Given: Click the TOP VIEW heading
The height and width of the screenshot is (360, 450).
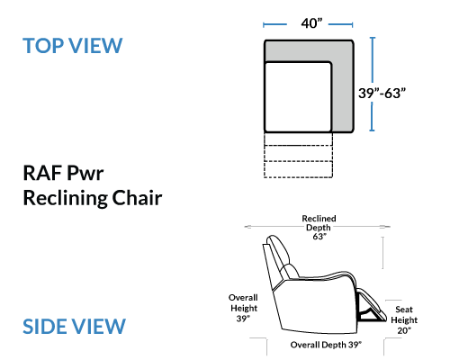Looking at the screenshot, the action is (73, 46).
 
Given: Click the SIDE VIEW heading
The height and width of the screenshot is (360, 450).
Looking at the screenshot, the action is (74, 327).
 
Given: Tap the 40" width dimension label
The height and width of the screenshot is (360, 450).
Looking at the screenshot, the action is (311, 23).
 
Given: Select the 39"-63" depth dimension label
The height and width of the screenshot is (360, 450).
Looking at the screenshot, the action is (382, 93).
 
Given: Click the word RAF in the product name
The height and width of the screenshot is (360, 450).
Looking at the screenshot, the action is (42, 173).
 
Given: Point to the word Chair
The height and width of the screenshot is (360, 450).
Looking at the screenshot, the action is (137, 198).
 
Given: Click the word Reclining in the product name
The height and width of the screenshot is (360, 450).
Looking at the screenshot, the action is (66, 199).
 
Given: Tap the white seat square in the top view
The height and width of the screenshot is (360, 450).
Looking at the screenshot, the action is (298, 97).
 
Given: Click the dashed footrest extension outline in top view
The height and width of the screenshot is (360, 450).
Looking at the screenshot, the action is (298, 155).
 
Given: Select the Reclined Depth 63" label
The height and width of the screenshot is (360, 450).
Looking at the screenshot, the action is (319, 228).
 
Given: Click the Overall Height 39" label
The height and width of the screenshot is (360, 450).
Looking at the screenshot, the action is (243, 308).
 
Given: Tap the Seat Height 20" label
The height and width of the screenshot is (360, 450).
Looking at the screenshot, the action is (404, 319).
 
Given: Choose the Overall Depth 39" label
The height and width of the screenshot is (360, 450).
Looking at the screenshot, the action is (326, 345).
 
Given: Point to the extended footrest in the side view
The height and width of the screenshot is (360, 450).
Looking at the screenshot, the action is (372, 306).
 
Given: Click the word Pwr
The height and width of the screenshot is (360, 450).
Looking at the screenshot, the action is (85, 173).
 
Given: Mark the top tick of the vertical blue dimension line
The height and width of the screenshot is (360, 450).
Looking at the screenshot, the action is (373, 38).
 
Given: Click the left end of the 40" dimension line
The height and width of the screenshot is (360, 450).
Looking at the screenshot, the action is (264, 24).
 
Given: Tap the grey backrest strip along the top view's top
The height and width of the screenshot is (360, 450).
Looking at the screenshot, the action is (309, 51).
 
